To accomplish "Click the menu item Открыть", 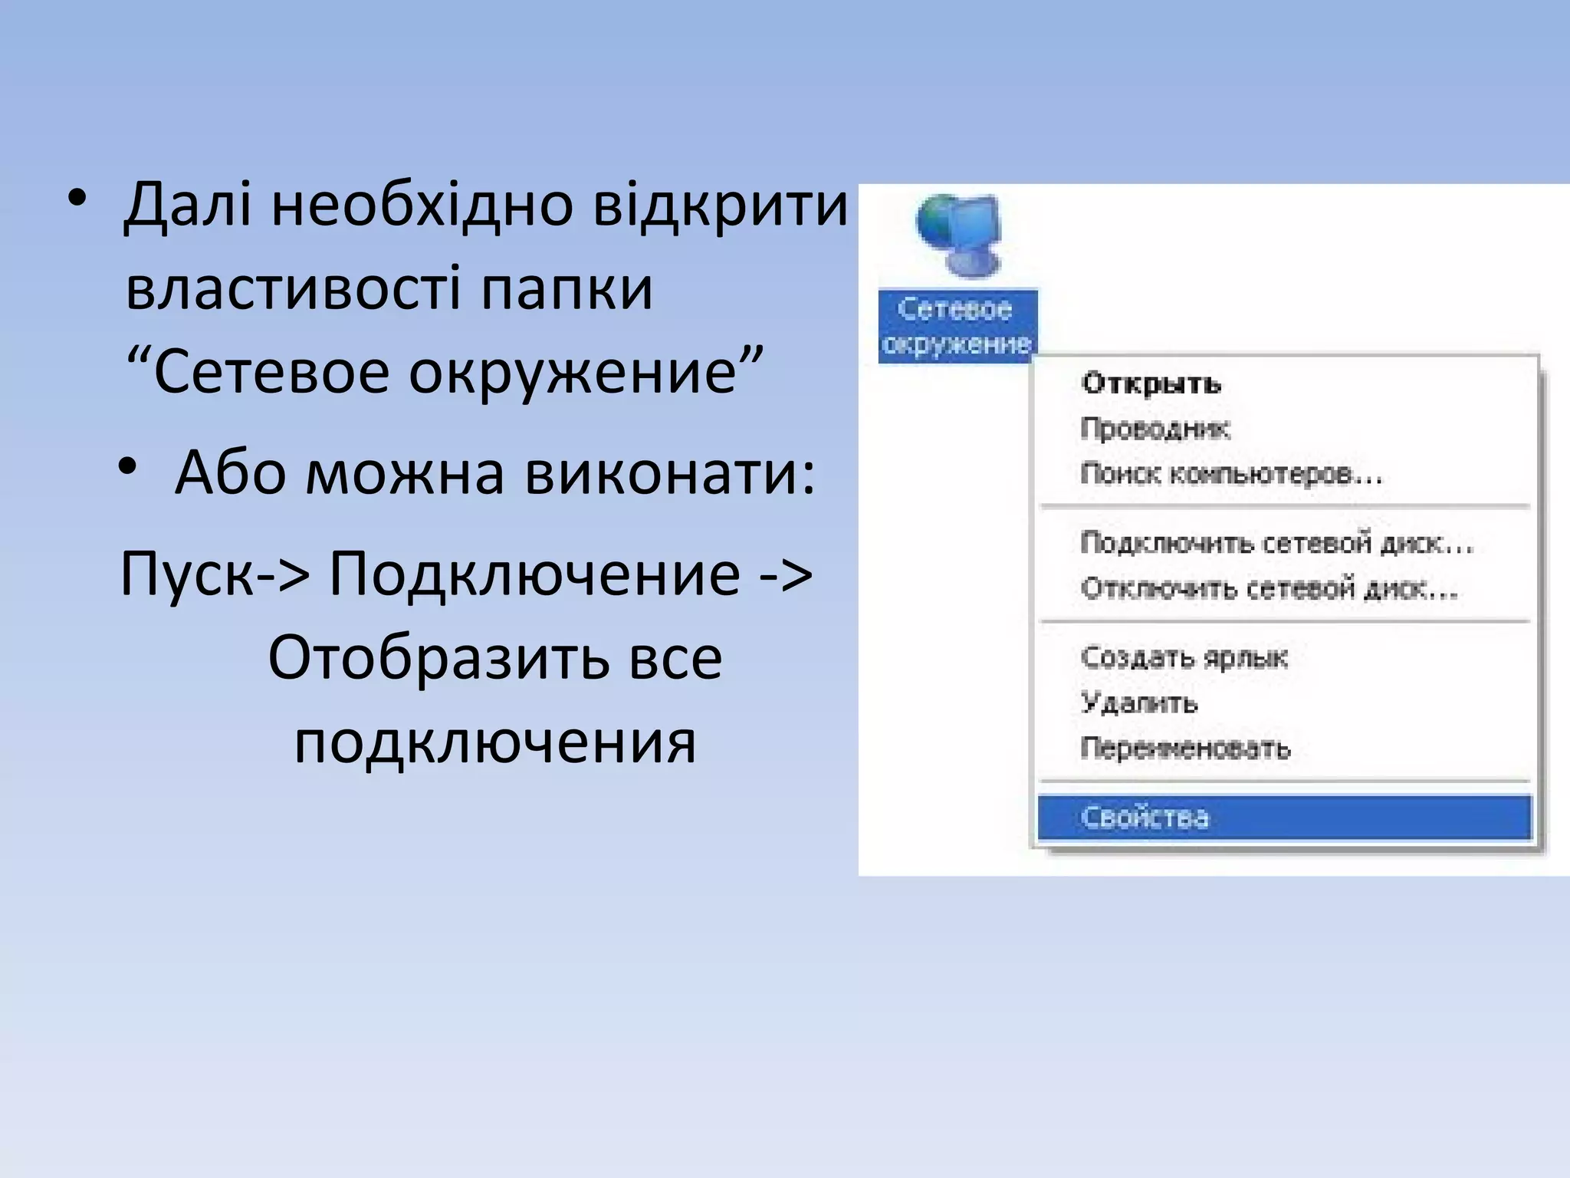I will (1150, 383).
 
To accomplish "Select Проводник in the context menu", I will (1155, 429).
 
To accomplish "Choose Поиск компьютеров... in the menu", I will (1230, 474).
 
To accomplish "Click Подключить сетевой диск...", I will (1276, 543).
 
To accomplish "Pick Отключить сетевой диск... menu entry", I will (1269, 588).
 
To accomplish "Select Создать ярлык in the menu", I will (1184, 657).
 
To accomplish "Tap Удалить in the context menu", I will (1138, 703).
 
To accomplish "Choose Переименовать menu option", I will (1185, 748).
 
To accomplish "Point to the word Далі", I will (188, 206).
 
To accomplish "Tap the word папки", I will (567, 289).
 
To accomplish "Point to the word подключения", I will (495, 742).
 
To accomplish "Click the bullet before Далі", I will (76, 199).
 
